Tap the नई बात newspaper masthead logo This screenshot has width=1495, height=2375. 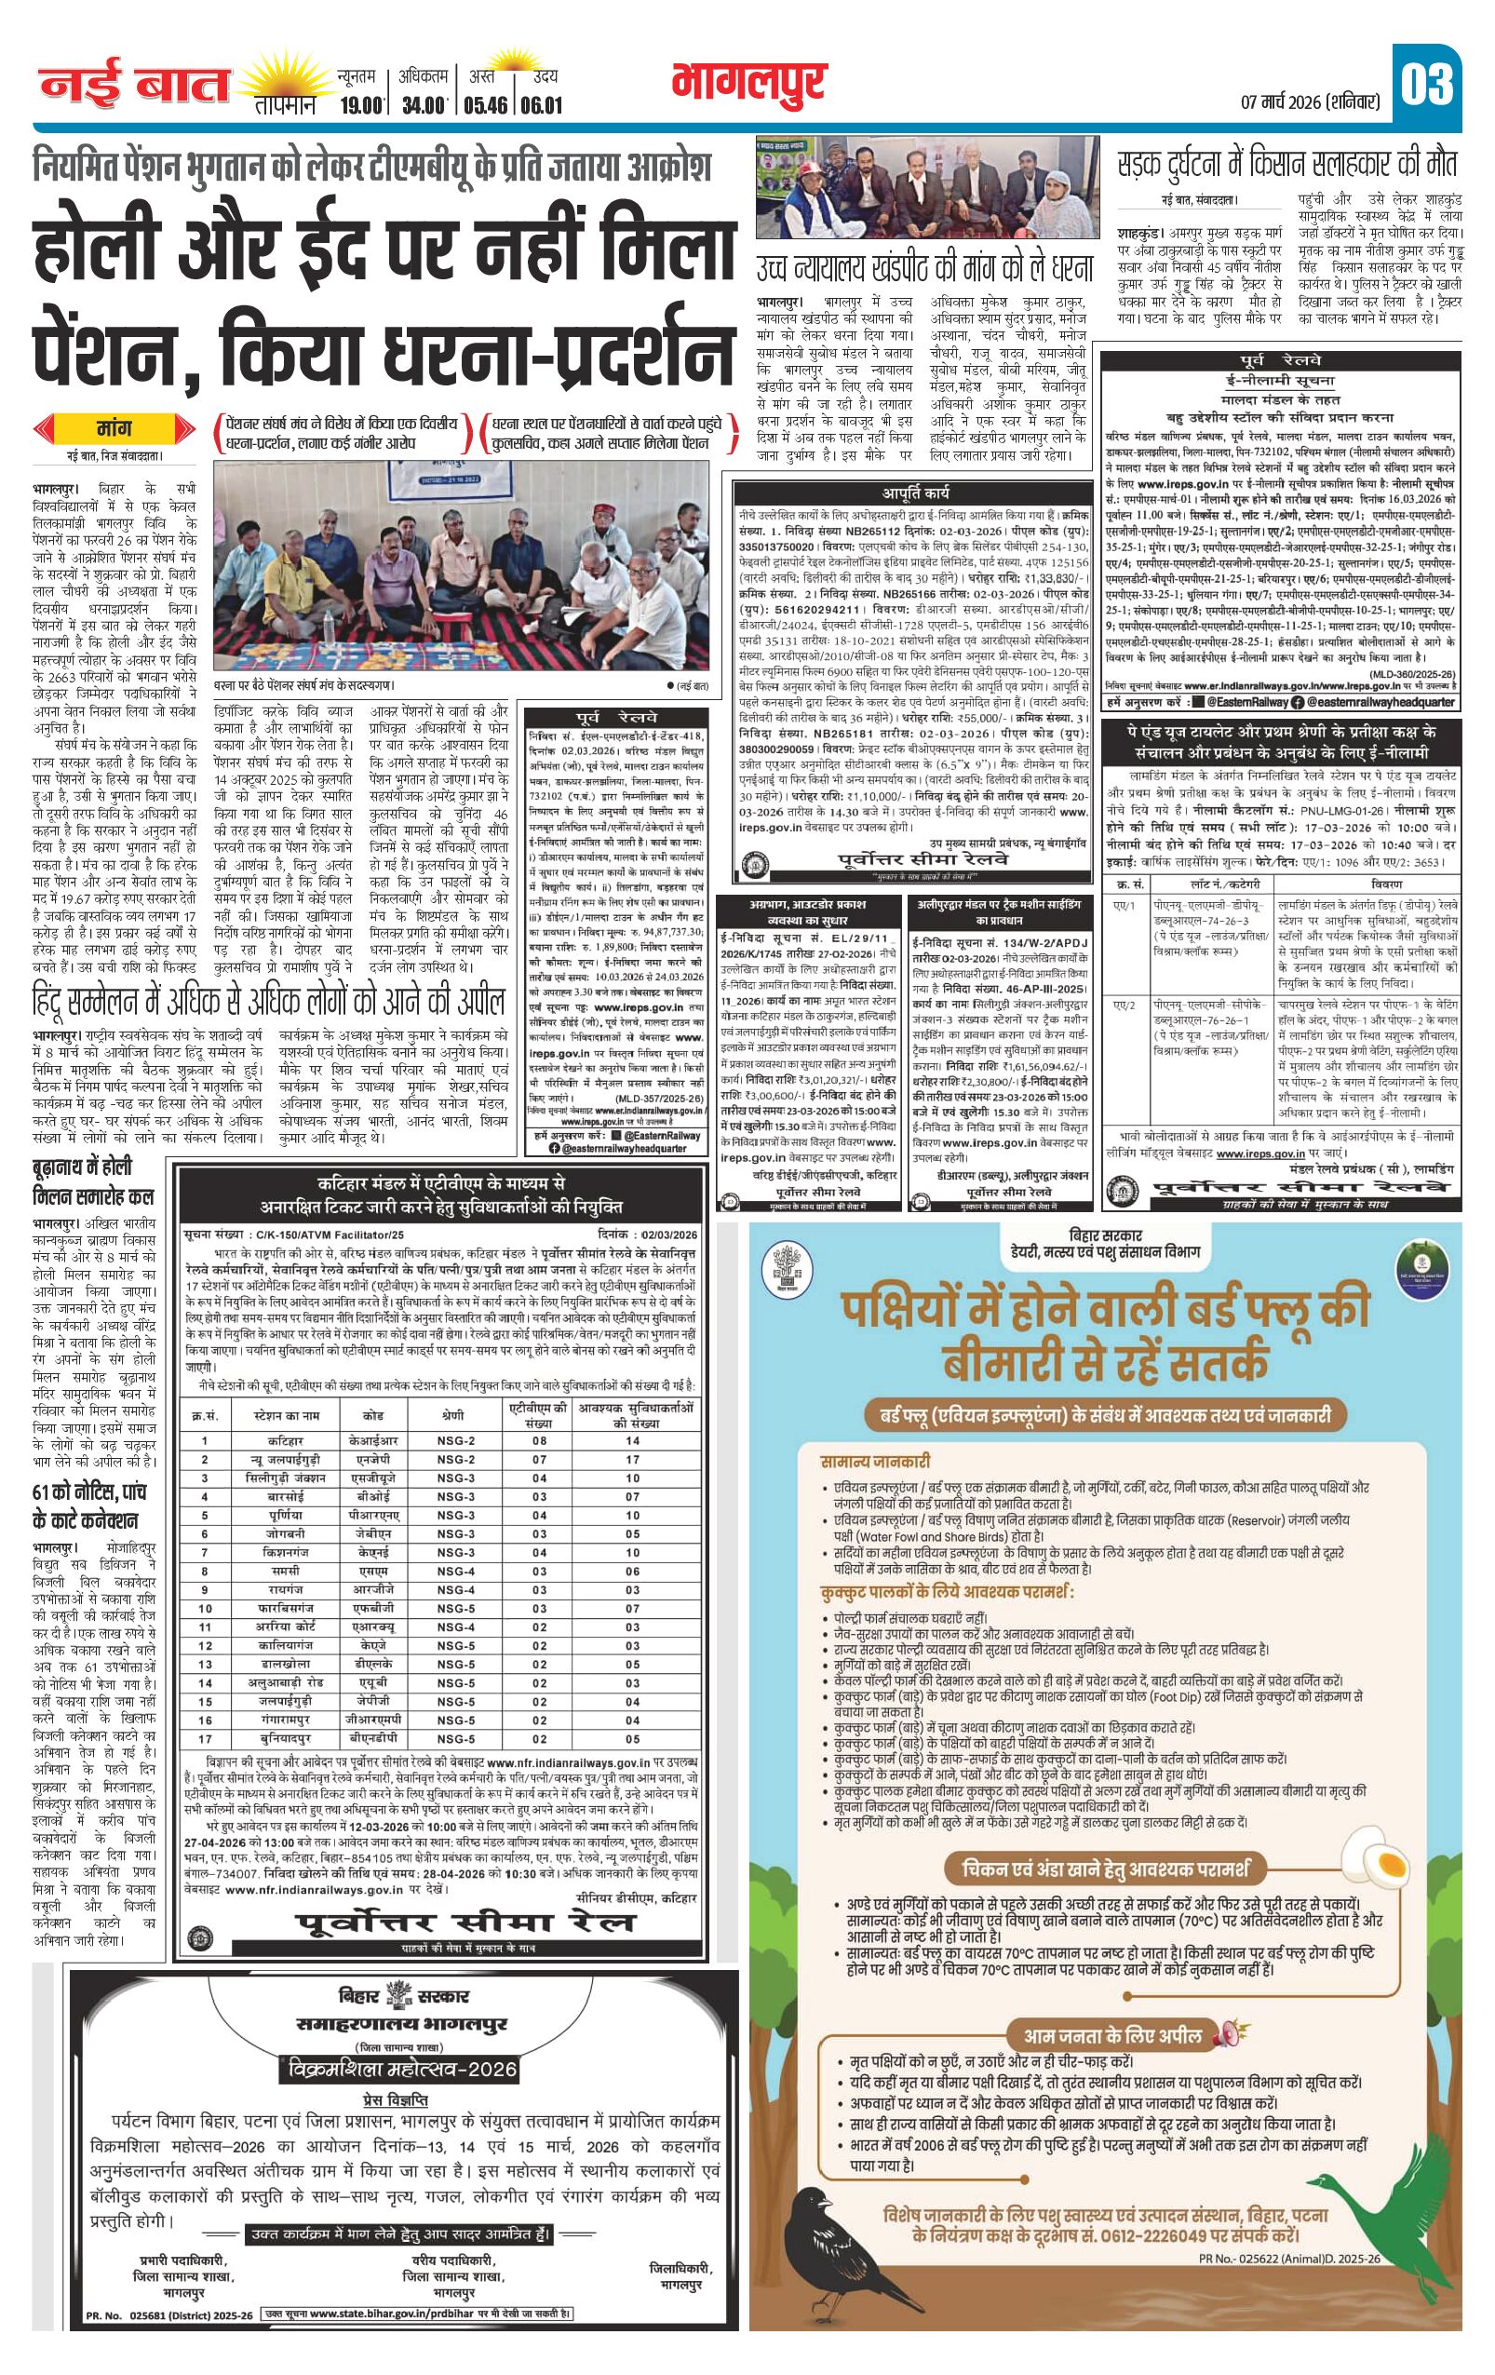(x=134, y=87)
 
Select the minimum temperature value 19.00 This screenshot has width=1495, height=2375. (x=360, y=103)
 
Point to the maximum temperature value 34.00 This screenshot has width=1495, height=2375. (x=424, y=103)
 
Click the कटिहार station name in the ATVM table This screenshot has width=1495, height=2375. (x=286, y=1440)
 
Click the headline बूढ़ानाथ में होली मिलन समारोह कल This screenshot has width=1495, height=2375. (x=94, y=1181)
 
